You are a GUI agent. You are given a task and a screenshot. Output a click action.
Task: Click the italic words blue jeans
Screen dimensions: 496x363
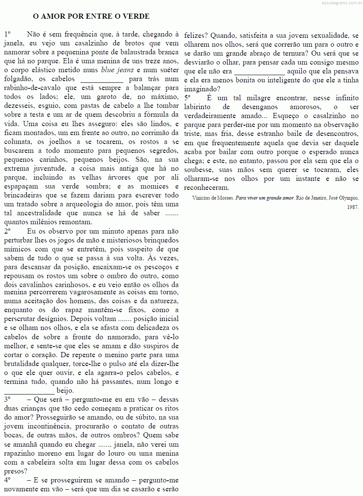(117, 70)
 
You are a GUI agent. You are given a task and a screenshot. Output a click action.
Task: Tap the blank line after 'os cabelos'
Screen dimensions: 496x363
(101, 80)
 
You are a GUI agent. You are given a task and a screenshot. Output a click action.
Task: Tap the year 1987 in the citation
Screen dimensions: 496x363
(352, 207)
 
